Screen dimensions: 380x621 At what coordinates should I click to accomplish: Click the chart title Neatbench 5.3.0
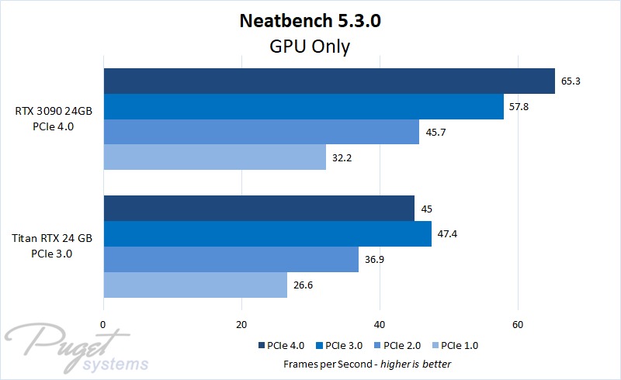(x=310, y=21)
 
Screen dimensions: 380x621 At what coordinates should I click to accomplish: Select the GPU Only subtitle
(x=310, y=47)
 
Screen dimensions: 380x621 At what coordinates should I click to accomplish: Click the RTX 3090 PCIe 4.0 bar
(x=329, y=81)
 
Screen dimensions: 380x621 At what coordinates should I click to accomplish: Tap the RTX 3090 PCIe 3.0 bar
(x=304, y=106)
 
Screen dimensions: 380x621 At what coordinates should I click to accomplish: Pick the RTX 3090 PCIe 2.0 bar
(x=261, y=132)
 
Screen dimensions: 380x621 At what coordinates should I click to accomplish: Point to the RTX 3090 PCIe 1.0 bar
(x=214, y=157)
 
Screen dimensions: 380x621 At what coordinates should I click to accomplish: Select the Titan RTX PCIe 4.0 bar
(x=258, y=209)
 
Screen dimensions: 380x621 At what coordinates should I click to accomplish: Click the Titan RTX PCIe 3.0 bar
(x=267, y=233)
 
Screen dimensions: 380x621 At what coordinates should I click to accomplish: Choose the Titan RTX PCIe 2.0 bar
(x=231, y=259)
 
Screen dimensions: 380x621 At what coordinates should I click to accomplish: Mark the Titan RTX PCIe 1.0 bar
(x=195, y=285)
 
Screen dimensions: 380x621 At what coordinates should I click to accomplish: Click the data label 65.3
(x=571, y=81)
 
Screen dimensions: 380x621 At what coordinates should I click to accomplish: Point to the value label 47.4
(x=448, y=233)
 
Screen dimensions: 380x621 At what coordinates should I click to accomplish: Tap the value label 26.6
(x=304, y=285)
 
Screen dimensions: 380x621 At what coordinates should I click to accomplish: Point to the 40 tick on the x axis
(x=380, y=324)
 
